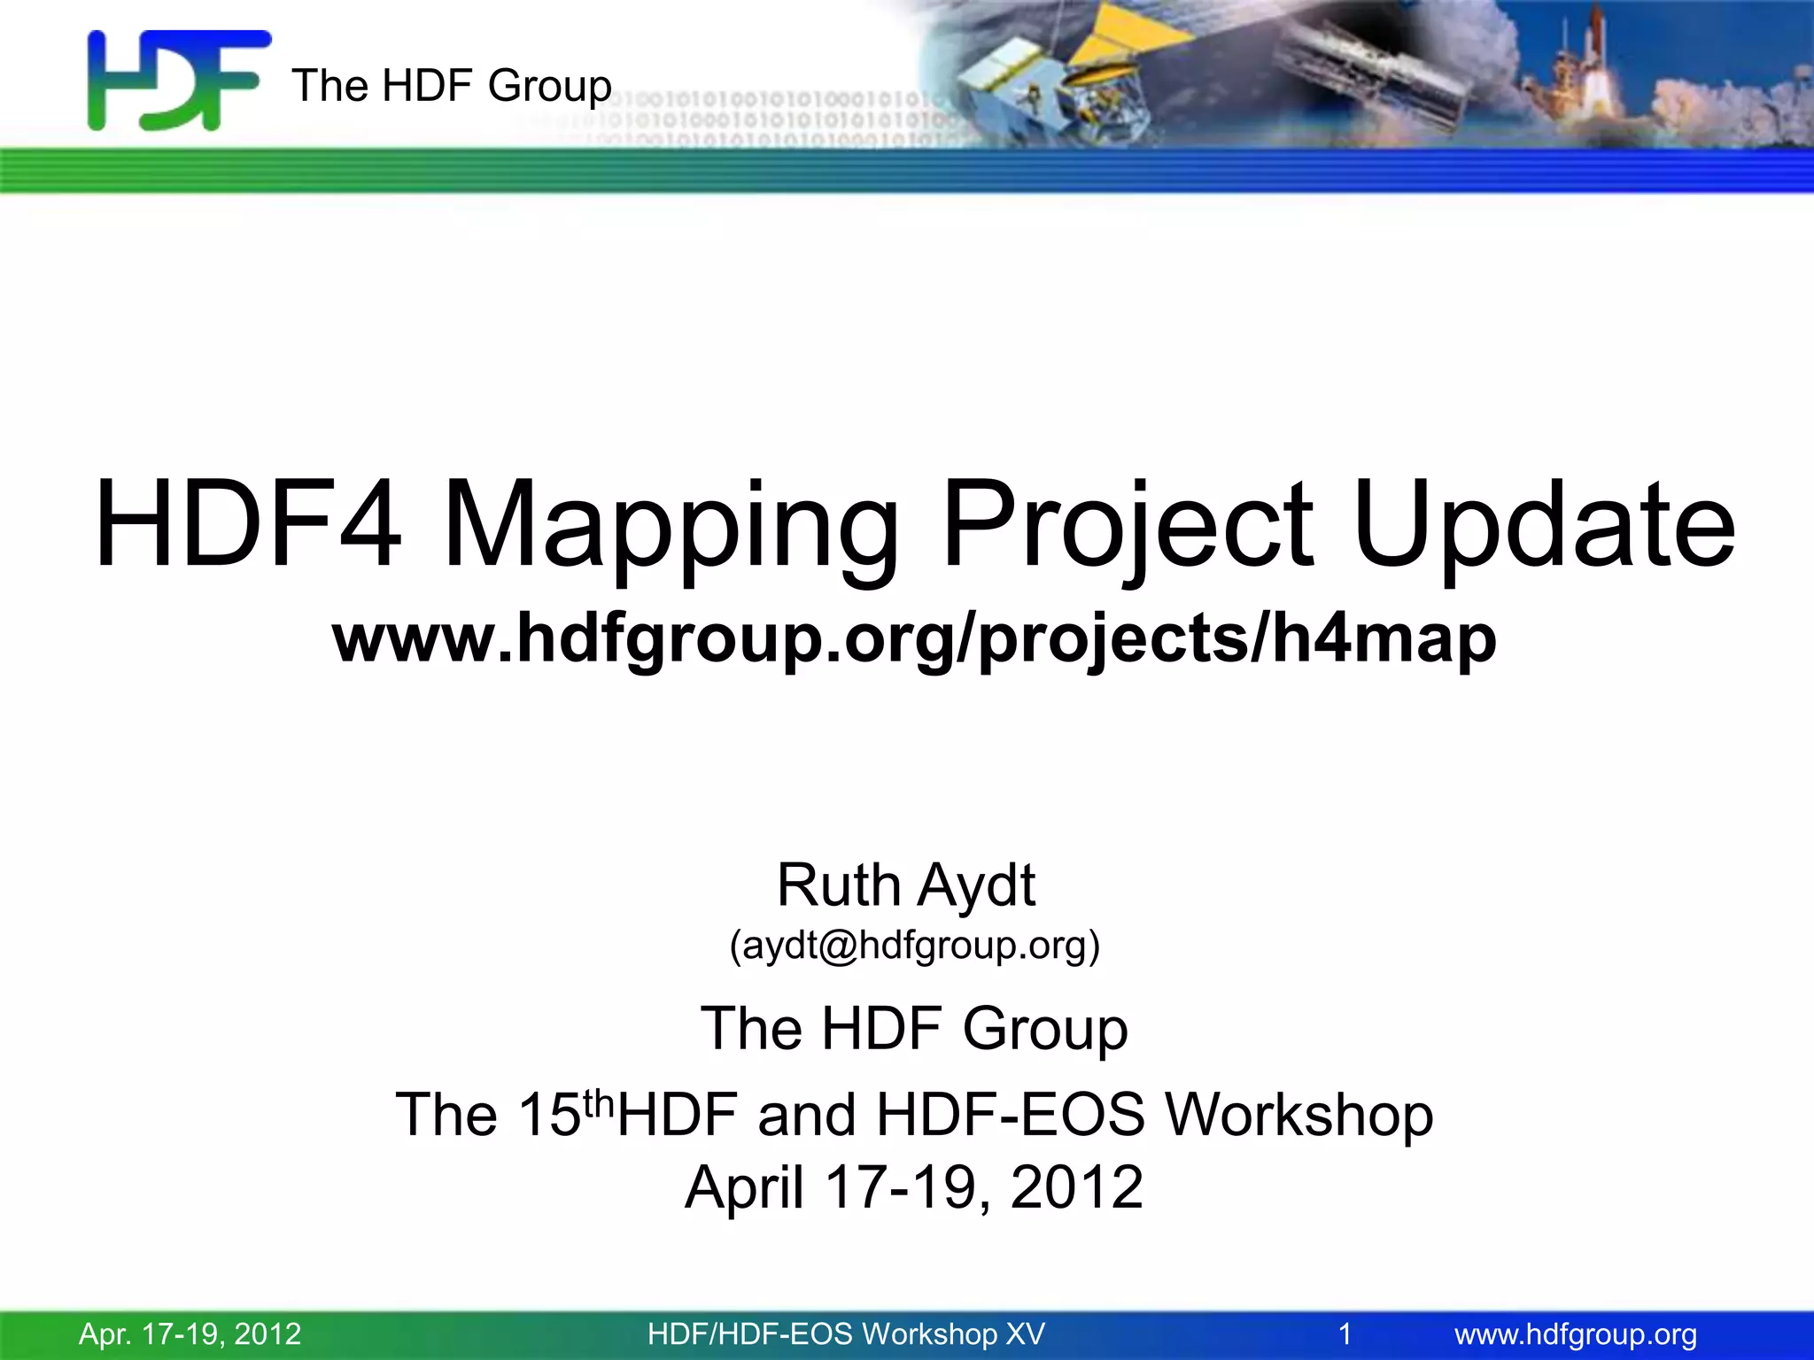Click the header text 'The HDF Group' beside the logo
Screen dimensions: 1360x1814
click(451, 86)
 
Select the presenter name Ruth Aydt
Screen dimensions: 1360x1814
click(905, 885)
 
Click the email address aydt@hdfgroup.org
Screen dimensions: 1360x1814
click(914, 945)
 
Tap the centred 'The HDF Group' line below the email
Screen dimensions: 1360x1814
click(914, 1028)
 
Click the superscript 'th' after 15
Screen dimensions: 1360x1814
click(599, 1102)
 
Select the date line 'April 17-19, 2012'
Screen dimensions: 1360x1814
click(914, 1186)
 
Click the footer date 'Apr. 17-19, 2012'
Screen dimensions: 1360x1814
click(190, 1333)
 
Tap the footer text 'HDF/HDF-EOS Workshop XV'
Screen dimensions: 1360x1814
click(846, 1333)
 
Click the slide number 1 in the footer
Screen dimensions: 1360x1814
click(1345, 1333)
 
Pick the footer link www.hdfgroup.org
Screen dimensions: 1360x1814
click(1576, 1333)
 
